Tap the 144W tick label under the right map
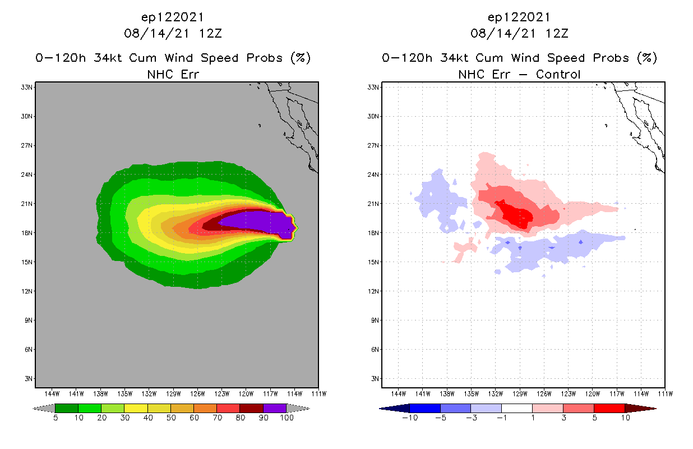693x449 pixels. [398, 393]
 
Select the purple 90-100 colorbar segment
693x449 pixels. [275, 408]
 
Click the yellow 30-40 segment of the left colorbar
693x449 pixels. [136, 408]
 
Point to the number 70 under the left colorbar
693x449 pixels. [217, 418]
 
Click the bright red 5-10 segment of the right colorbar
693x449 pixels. [609, 408]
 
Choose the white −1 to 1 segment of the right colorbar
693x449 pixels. [517, 408]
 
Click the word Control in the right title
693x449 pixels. [558, 74]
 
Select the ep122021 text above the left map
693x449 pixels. [173, 17]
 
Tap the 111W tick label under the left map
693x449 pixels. [318, 393]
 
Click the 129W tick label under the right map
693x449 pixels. [520, 393]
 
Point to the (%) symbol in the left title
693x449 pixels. [300, 58]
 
